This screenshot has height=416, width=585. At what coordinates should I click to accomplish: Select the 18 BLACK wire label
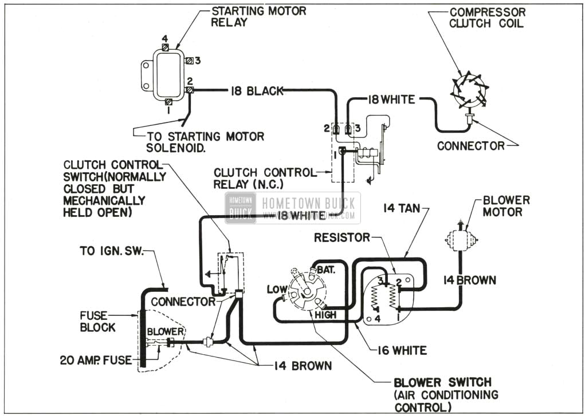[x=257, y=91]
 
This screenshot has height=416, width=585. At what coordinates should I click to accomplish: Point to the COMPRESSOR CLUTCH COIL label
[x=487, y=17]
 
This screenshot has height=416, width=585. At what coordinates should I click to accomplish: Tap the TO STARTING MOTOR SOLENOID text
[x=206, y=142]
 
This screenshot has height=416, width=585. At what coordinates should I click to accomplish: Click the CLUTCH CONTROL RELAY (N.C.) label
[x=264, y=177]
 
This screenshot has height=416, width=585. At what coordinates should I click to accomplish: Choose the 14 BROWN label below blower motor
[x=469, y=280]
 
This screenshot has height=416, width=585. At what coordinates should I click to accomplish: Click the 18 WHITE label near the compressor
[x=384, y=100]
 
